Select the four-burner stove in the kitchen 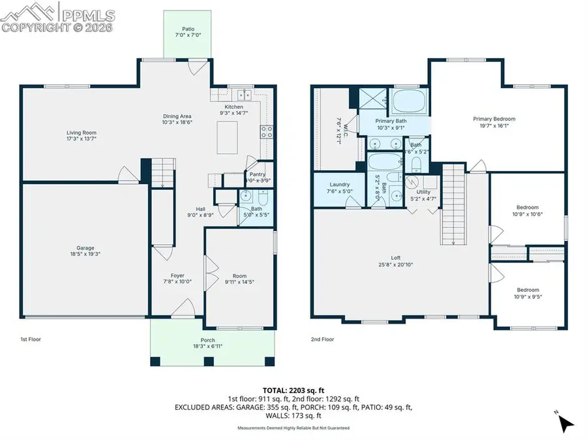click(267, 133)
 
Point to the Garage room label click(85, 247)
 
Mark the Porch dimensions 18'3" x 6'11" click(208, 346)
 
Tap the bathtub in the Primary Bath click(409, 102)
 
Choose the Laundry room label click(339, 185)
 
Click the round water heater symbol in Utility click(412, 182)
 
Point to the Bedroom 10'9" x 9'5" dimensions click(528, 295)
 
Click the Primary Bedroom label click(494, 119)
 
